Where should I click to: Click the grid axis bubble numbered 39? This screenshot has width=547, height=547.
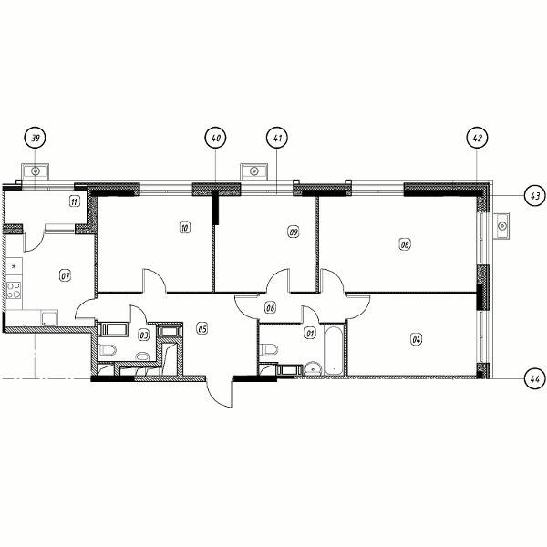(35, 138)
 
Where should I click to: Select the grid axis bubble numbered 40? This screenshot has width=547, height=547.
(215, 138)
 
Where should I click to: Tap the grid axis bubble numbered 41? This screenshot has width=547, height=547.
(277, 138)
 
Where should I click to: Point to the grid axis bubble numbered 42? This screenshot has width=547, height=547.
(477, 138)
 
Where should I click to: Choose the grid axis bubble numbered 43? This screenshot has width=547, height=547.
(535, 196)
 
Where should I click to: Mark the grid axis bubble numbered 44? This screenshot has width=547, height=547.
(535, 378)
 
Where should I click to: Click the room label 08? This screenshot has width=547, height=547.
(405, 244)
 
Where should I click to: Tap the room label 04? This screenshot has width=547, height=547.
(417, 339)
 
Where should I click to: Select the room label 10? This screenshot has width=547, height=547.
(184, 228)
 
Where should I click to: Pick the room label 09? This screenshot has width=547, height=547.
(294, 232)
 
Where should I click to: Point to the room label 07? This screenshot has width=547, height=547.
(66, 276)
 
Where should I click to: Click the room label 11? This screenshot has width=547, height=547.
(75, 201)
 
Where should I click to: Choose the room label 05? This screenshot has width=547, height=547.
(202, 328)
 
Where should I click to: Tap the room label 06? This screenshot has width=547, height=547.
(271, 308)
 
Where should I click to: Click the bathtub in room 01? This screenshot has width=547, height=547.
(335, 351)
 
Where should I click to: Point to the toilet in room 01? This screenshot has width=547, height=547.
(270, 349)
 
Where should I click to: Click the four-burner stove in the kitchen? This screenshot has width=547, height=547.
(14, 290)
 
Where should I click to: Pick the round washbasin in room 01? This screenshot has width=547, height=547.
(314, 369)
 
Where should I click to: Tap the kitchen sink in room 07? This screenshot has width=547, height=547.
(49, 318)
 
